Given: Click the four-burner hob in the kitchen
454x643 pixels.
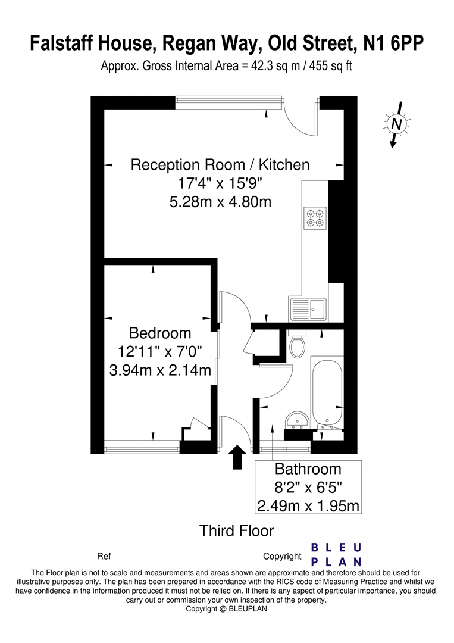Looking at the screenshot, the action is click(315, 218).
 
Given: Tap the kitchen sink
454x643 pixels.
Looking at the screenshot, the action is click(308, 309).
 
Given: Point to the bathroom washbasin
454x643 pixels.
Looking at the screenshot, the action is click(298, 420).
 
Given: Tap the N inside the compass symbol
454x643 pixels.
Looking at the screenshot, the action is click(396, 123).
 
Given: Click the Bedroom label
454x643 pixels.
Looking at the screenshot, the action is click(160, 333).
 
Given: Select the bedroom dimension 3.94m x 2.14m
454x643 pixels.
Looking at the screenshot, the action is click(160, 370).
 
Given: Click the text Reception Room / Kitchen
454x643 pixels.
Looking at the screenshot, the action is click(220, 165).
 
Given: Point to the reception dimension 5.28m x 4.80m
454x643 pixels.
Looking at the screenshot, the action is click(220, 202).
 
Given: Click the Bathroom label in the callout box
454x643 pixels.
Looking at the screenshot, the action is click(308, 469).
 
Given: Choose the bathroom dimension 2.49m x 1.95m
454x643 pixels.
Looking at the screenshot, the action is click(308, 505).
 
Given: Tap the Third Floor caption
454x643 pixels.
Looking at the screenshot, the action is click(236, 531).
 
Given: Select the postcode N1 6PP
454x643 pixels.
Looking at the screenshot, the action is click(393, 43).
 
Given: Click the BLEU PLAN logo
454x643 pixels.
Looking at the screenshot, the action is click(336, 554).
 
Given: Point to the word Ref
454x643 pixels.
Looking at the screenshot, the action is click(104, 557).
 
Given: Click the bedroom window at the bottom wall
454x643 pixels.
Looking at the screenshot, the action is click(142, 447).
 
